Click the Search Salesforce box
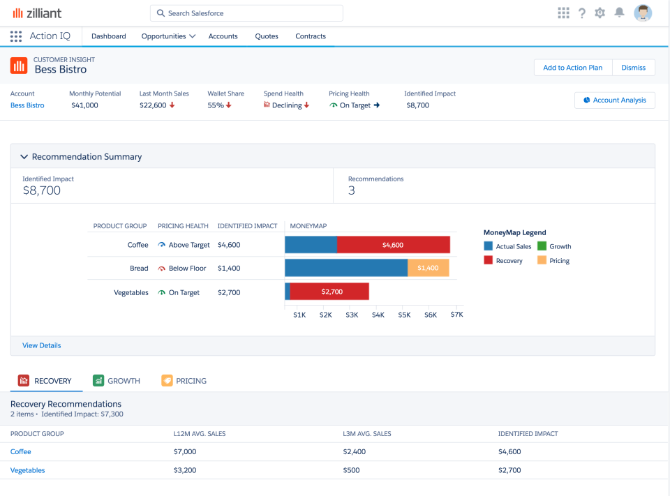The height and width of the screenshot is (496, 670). point(246,13)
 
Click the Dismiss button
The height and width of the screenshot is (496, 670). point(634,68)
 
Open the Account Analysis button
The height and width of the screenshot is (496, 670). point(614,100)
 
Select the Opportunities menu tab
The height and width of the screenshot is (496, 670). point(167,36)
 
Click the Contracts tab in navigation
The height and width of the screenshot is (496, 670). point(311,36)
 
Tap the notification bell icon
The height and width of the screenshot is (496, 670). point(618,13)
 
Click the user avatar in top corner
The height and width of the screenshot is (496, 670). point(643,13)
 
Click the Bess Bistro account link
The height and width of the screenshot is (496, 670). point(27,105)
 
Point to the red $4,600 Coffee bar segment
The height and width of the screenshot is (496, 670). point(393,245)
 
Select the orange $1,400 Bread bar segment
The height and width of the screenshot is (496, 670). point(428,268)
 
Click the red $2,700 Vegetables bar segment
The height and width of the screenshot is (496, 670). point(329,292)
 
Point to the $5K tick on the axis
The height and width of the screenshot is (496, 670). point(404,315)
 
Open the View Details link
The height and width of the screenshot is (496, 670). point(41,345)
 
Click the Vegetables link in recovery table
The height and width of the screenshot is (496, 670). point(27,470)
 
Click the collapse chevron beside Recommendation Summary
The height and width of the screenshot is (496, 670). point(24,157)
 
